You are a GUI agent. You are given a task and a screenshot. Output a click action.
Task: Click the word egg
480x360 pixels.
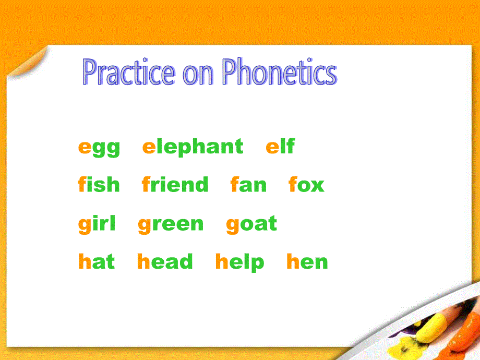(x=99, y=149)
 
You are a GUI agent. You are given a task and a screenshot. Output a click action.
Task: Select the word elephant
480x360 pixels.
(x=193, y=147)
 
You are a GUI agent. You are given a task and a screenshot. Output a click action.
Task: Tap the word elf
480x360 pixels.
(x=280, y=146)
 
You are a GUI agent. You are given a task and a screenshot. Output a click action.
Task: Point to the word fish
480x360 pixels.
(x=99, y=184)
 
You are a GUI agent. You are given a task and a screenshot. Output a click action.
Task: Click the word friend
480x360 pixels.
(x=175, y=184)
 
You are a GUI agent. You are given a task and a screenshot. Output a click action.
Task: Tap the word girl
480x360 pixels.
(x=97, y=224)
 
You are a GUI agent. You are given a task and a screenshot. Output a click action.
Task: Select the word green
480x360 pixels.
(x=171, y=225)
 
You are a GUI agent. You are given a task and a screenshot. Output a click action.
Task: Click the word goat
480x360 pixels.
(x=251, y=225)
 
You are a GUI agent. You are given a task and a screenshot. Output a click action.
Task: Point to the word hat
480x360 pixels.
(x=97, y=261)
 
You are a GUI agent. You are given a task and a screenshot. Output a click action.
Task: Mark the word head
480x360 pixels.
(x=165, y=261)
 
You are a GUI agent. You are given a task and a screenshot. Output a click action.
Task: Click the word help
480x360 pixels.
(x=239, y=262)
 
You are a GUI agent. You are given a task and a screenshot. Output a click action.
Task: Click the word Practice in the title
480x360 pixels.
(x=128, y=72)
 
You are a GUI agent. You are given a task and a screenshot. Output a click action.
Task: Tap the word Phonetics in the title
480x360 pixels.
(x=280, y=71)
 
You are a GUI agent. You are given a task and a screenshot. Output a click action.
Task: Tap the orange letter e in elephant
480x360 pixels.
(x=149, y=147)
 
